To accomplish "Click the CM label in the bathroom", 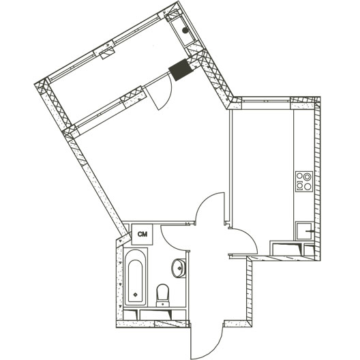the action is coord(142,234).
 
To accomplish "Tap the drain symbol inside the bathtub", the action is coord(136,295).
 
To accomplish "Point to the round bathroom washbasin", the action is coord(179,268).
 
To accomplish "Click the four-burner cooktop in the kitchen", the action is coord(304,181).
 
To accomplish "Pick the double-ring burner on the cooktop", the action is coord(307,177).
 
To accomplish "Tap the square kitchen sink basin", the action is coord(304,231).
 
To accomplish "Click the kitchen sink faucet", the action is coord(310,231).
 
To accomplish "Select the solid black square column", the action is coord(181,70).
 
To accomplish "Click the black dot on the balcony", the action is coord(185,30).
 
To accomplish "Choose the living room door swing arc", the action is coord(205,201).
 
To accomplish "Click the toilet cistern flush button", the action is coord(163,304).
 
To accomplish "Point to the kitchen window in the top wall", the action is coord(266,100).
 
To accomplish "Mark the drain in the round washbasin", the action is coord(179,268).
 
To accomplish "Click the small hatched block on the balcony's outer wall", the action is coord(108,52).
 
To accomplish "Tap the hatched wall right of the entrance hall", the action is coord(249,288).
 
